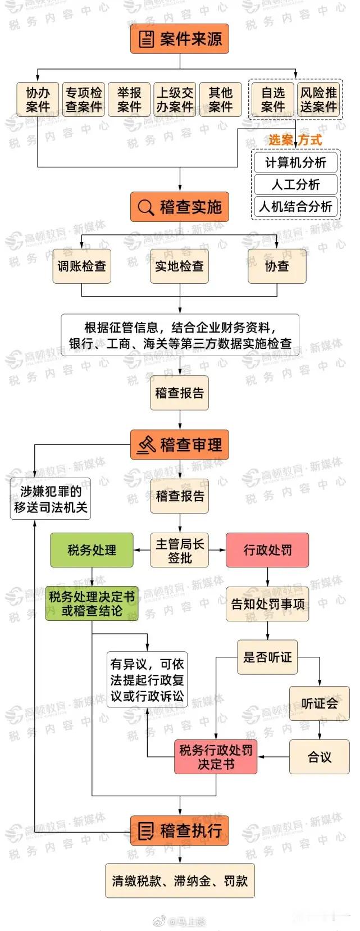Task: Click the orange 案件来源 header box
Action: click(x=180, y=39)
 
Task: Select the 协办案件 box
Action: click(x=38, y=99)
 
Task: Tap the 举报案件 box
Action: click(x=129, y=99)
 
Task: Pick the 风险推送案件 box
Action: click(x=319, y=99)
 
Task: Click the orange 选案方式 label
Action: click(x=295, y=139)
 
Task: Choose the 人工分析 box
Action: click(x=295, y=184)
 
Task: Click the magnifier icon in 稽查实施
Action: click(x=145, y=207)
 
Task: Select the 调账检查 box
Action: click(x=81, y=266)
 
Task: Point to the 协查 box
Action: click(x=277, y=266)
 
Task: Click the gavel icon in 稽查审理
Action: click(x=146, y=444)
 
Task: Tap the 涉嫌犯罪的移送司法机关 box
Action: click(x=51, y=499)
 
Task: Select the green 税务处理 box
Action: click(x=92, y=550)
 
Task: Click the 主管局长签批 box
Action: click(x=180, y=551)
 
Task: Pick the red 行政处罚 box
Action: click(x=267, y=550)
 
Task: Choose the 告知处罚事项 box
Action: click(x=267, y=604)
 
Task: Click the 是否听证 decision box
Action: click(x=267, y=657)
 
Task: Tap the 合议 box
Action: click(x=319, y=757)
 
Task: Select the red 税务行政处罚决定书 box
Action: click(x=216, y=757)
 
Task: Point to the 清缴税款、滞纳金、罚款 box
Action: click(x=180, y=880)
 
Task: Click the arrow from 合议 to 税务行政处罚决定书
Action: click(x=274, y=757)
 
